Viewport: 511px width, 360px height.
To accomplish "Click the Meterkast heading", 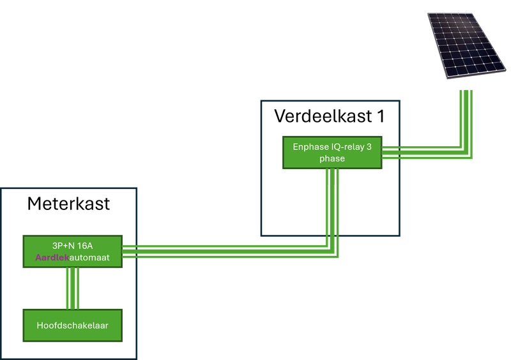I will point(68,204).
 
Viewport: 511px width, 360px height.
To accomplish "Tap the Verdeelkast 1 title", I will point(329,116).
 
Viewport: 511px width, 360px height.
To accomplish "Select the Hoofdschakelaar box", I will point(72,326).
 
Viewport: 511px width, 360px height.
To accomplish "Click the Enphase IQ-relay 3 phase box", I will point(332,153).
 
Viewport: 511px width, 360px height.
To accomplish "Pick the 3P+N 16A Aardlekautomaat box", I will point(72,251).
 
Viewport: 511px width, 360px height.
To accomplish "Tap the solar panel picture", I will point(466,45).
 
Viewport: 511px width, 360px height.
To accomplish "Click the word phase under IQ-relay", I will point(332,159).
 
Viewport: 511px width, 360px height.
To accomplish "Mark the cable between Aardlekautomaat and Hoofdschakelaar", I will point(72,289).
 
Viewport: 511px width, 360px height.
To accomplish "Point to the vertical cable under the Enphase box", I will point(333,198).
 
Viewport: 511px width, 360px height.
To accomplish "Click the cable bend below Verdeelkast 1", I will point(333,251).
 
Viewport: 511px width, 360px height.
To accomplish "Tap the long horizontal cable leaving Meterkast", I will point(224,251).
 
